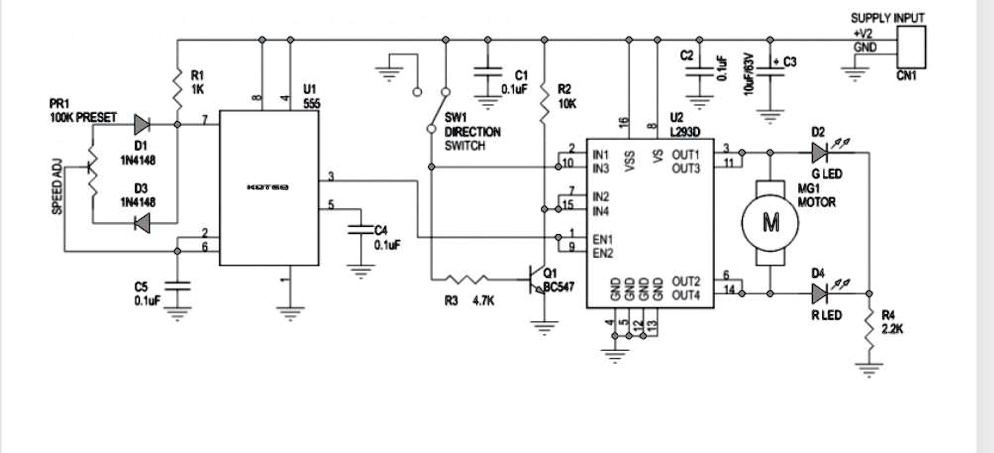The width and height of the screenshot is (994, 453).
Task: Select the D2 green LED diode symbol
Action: click(x=821, y=153)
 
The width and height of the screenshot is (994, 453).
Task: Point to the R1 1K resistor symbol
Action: click(x=176, y=82)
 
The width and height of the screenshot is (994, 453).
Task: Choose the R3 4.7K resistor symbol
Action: click(x=466, y=279)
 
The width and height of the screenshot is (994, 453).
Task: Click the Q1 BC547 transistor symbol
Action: click(x=539, y=281)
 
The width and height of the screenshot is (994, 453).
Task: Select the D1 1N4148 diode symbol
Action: click(x=141, y=125)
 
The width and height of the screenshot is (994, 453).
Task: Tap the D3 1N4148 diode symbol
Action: click(x=141, y=223)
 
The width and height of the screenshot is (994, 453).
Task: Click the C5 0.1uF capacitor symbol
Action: click(x=177, y=286)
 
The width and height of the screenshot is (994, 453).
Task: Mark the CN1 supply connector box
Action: click(x=912, y=45)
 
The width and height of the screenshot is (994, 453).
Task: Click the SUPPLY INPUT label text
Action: click(x=887, y=18)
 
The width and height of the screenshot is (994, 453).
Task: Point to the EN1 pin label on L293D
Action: click(x=602, y=239)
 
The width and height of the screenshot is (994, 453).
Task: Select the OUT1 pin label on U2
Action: click(x=685, y=155)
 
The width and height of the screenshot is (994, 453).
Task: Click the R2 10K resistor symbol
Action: click(x=543, y=97)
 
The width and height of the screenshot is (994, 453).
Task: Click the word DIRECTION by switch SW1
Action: click(x=473, y=132)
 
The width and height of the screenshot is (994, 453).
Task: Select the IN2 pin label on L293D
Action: click(x=601, y=197)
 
